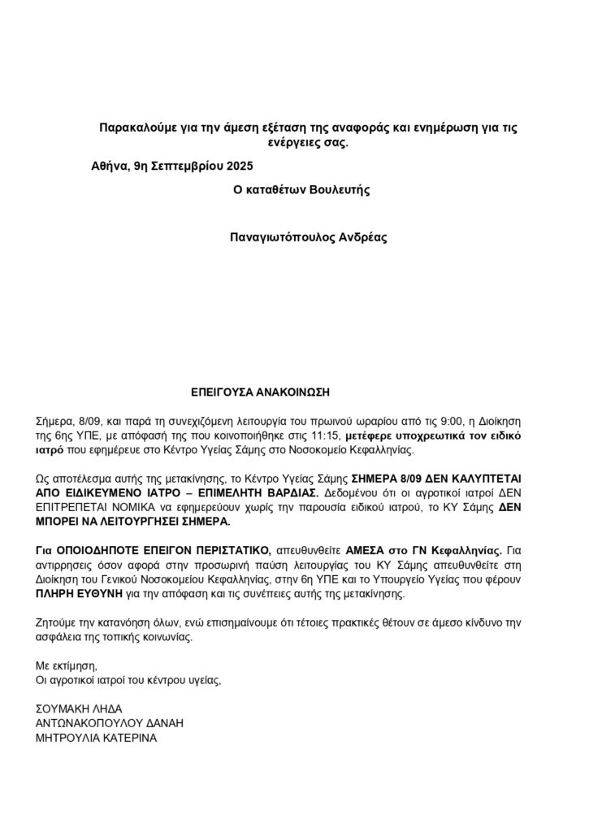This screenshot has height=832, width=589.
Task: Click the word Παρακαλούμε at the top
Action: pos(135,128)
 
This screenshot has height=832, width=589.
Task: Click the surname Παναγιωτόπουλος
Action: pos(283,239)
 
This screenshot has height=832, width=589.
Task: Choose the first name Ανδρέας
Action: pos(362,239)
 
